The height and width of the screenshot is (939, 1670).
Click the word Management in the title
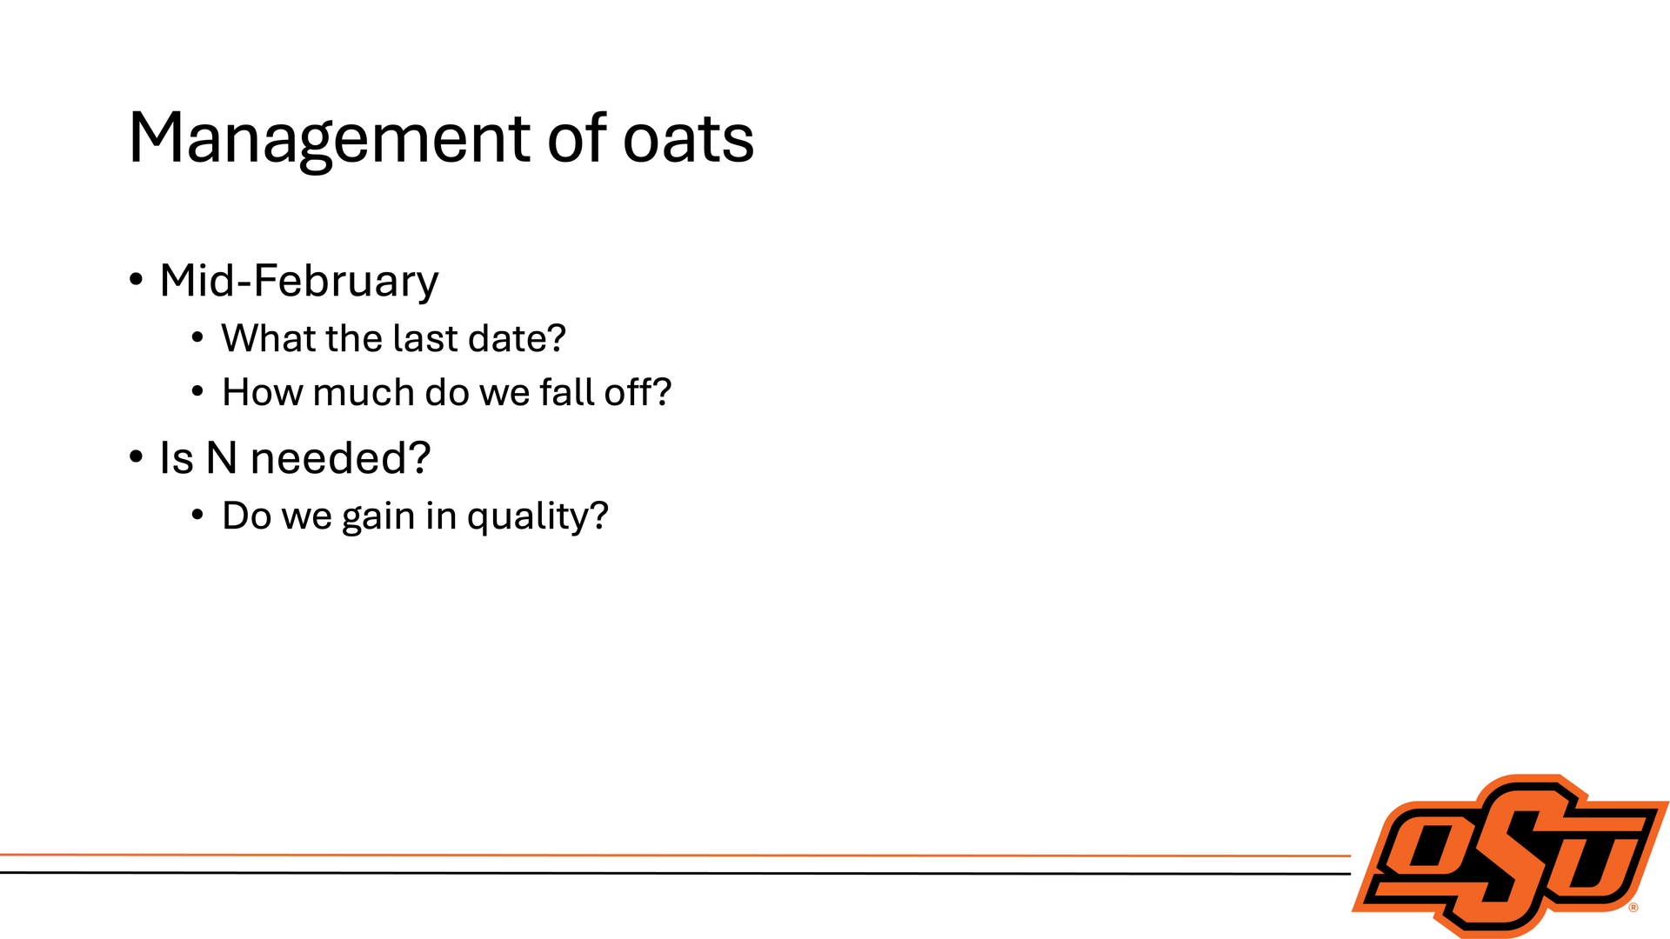330,139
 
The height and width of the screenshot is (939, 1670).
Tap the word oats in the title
689,139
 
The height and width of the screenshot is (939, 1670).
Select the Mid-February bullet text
299,282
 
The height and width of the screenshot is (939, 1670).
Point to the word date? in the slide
517,339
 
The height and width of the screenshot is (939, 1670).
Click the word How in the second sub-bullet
263,392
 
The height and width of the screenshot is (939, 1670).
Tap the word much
364,392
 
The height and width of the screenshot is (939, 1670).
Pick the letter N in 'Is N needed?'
222,458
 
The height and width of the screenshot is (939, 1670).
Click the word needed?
340,457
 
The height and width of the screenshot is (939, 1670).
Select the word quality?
538,516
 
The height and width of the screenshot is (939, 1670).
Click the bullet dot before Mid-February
136,280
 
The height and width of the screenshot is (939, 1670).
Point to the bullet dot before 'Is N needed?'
136,456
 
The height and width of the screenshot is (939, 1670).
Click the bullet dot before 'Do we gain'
197,516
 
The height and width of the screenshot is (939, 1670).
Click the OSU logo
1511,856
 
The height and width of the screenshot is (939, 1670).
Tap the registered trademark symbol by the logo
1633,908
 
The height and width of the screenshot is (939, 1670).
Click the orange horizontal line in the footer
675,856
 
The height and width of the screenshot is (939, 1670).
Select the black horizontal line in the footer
675,873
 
